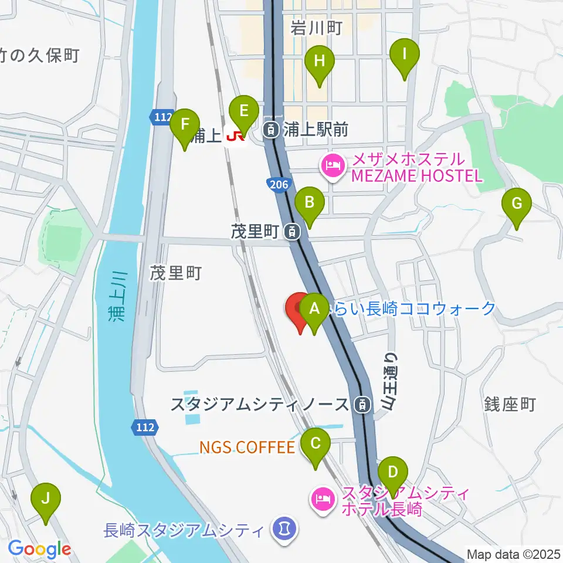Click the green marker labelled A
click(315, 310)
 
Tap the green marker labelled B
click(309, 205)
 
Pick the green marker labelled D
click(393, 473)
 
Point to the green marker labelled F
click(185, 126)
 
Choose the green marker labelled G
click(517, 205)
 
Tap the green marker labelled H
click(320, 62)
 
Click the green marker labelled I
click(405, 56)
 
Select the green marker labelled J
click(45, 500)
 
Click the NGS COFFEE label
click(247, 448)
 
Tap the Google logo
click(39, 550)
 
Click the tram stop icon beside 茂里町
click(291, 232)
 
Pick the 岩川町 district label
click(316, 27)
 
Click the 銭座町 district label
click(510, 404)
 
